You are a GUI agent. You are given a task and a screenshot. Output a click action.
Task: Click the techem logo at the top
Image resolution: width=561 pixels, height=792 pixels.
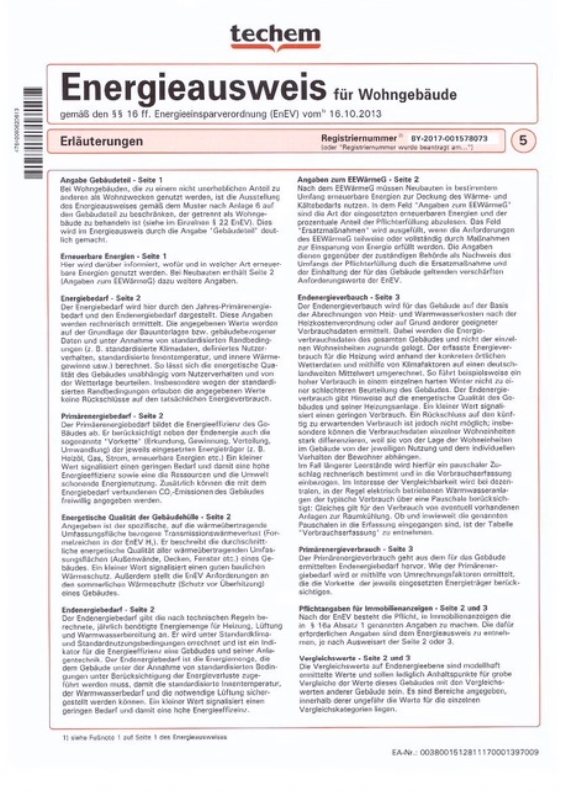(275, 36)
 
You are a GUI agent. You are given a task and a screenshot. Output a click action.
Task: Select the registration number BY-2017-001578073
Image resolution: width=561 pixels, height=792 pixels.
(449, 139)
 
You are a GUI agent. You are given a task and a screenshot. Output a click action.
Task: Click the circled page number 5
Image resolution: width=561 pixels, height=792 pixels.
(523, 140)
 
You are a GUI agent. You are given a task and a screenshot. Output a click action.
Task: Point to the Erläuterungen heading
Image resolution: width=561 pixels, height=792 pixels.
(101, 141)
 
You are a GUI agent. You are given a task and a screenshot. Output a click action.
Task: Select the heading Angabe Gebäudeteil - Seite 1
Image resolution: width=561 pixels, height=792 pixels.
(111, 179)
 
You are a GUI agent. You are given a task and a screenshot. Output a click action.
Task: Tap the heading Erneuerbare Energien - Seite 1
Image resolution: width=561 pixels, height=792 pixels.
(113, 256)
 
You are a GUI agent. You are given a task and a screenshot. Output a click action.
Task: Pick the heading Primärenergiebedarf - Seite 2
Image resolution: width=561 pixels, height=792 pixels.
(112, 416)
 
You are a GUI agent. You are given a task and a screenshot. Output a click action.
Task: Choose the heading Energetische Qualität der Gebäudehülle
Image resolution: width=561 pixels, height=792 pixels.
(146, 517)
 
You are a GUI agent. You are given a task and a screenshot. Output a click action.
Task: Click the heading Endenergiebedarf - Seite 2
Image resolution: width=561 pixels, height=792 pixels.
(108, 609)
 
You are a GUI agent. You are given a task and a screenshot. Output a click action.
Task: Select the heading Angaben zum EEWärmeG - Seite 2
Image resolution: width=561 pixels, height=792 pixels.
(358, 179)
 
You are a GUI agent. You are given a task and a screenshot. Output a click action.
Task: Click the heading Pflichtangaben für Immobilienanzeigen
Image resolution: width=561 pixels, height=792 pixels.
(392, 608)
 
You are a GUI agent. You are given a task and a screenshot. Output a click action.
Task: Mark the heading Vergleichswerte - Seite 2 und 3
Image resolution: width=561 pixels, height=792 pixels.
(354, 658)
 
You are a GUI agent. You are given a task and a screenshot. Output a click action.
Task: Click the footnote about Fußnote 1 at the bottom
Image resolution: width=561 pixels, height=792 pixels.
(145, 737)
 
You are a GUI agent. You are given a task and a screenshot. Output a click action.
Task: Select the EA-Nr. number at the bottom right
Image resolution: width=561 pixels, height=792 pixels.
(465, 752)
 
